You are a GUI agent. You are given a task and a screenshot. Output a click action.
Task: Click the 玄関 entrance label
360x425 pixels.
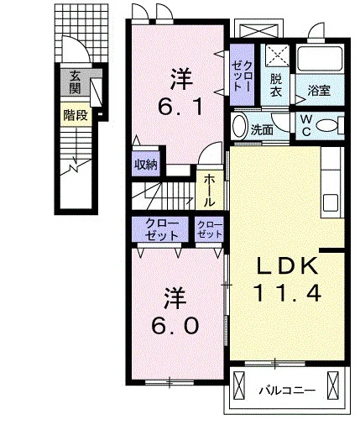coord(75,82)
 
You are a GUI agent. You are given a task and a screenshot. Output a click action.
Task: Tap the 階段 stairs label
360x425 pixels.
coord(76,115)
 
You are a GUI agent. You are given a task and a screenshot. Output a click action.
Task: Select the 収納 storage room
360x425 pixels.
coord(146,165)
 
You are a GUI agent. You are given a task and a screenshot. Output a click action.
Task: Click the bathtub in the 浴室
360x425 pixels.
coord(320,59)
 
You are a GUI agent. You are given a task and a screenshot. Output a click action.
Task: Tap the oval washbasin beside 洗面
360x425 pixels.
coord(240,127)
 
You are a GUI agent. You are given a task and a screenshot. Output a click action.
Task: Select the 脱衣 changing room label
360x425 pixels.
coord(276,86)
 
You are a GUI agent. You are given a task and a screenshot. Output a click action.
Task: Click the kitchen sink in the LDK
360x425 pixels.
coord(331,203)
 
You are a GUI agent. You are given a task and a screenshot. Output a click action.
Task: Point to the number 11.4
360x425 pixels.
coord(287,293)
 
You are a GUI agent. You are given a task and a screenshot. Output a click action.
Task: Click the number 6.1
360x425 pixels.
coord(180,107)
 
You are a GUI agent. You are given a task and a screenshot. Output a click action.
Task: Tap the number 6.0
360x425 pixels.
coord(175,326)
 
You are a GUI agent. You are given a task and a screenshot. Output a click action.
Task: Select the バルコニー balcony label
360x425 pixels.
coord(287,390)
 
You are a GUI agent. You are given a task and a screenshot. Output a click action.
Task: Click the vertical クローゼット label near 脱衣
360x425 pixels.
coord(242,76)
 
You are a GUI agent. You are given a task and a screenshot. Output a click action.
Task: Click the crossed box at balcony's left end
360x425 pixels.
coord(239,386)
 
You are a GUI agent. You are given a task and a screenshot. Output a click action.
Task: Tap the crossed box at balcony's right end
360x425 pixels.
coord(333,386)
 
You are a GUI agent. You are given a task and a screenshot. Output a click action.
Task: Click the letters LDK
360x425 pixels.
coord(288,265)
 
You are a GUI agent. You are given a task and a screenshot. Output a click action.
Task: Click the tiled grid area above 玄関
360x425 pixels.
coord(81,33)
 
